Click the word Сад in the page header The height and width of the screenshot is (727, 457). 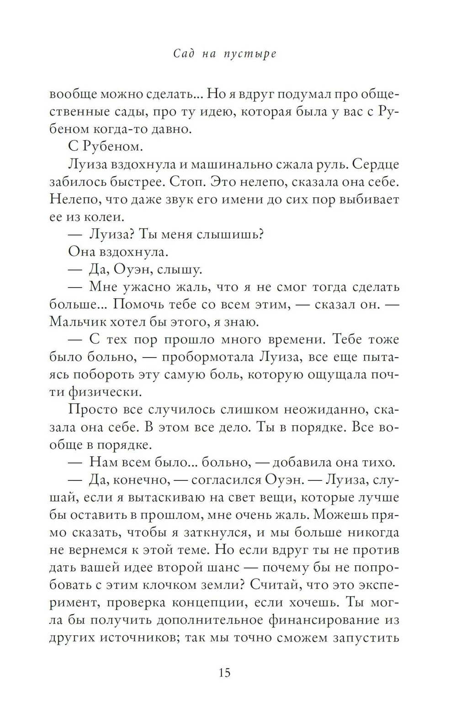point(185,54)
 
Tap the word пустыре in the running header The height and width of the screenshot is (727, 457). point(250,54)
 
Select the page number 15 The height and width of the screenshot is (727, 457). point(224,673)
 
